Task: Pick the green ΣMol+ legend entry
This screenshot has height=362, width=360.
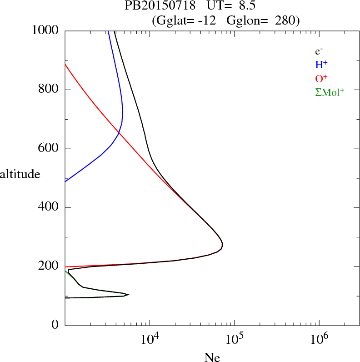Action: click(330, 92)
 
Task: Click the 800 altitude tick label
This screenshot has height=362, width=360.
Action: click(49, 90)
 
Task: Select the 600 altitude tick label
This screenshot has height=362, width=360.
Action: click(49, 149)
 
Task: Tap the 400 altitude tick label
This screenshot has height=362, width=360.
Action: click(49, 208)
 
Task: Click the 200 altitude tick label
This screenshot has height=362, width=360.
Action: click(49, 266)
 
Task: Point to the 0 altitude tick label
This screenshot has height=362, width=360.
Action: click(55, 325)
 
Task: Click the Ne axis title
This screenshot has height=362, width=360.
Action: click(212, 357)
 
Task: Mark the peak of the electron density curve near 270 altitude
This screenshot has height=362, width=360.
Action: click(222, 246)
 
